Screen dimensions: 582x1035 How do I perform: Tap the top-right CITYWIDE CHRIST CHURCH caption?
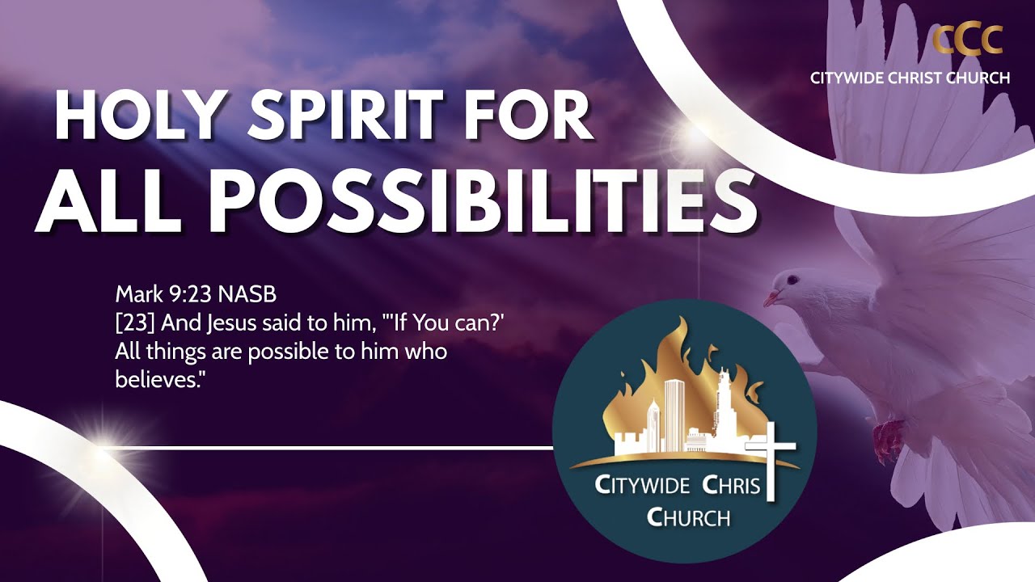click(910, 78)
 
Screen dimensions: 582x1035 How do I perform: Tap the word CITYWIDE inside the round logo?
click(642, 486)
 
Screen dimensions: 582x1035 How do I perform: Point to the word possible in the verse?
click(274, 352)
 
